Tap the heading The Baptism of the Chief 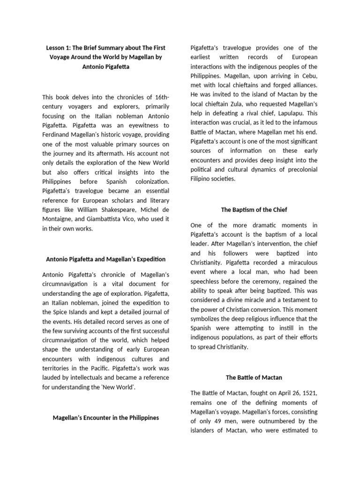pos(254,209)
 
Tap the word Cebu pos(308,76)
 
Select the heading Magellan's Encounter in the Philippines pos(105,418)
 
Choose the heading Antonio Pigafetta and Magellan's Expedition pos(105,259)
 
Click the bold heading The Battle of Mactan pos(254,377)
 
